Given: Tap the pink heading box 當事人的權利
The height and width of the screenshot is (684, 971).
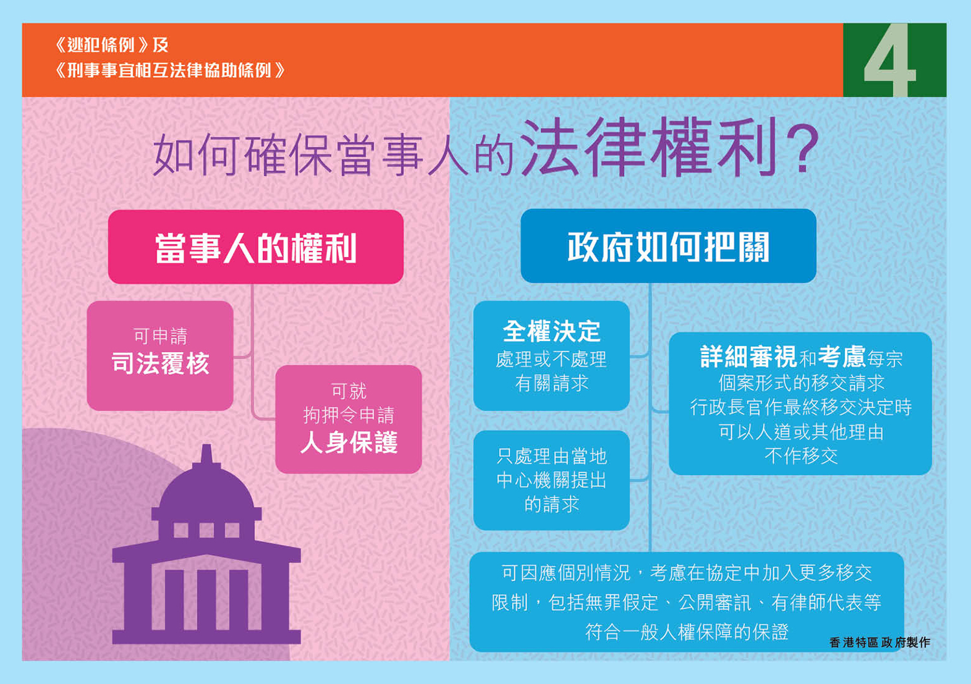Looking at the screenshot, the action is coord(256,247).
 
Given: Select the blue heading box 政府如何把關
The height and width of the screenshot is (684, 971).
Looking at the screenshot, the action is coord(669,246).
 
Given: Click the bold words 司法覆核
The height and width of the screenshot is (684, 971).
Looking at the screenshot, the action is coord(161,363).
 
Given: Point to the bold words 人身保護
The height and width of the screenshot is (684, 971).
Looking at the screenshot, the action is coord(349,443).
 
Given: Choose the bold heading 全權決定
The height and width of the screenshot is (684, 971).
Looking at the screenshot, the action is coord(552,331).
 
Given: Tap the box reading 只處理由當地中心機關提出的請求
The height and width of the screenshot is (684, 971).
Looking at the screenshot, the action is coord(552,480).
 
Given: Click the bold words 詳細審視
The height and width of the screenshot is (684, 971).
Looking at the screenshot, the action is coord(748,357).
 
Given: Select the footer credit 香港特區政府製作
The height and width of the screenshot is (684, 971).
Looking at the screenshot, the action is coord(880,643).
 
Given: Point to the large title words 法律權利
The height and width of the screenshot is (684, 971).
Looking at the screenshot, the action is coord(649,148).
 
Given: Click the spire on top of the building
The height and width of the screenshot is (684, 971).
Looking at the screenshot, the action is coord(206,454).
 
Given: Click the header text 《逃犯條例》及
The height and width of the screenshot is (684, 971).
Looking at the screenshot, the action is coord(112,45).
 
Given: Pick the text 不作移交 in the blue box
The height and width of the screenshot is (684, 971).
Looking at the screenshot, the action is coord(801,456).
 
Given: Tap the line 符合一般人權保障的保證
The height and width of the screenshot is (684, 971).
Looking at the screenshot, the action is coord(687,632).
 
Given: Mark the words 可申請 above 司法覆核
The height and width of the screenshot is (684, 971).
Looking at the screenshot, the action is coord(161,336).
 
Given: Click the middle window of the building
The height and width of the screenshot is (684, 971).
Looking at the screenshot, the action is coord(206,530).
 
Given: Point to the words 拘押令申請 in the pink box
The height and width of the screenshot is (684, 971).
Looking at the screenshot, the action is coord(349,415).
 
